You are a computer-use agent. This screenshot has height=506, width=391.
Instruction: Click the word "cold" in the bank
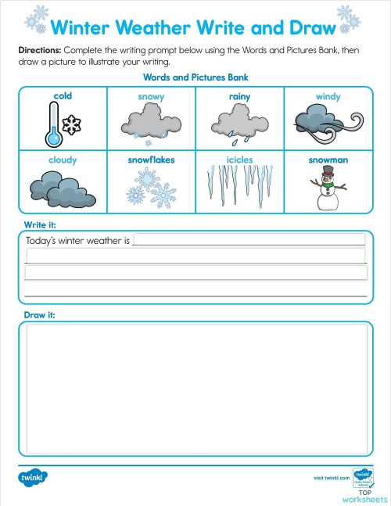click(63, 96)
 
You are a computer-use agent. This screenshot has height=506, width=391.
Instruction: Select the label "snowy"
click(151, 97)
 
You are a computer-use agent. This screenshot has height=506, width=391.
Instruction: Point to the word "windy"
click(328, 97)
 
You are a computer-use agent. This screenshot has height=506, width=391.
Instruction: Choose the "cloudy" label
click(63, 160)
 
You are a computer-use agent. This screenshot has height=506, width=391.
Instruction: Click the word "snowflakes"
click(151, 160)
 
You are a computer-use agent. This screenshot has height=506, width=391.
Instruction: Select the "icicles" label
click(239, 160)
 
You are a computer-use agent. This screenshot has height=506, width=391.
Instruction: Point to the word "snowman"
click(328, 160)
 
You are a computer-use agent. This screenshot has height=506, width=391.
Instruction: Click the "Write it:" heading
click(40, 225)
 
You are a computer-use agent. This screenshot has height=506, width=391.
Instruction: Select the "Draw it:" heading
click(40, 314)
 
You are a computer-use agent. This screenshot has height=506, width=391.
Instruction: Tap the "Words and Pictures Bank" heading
click(195, 77)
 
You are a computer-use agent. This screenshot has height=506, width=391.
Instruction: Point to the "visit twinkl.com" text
click(329, 477)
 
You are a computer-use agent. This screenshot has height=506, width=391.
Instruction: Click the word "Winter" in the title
click(81, 28)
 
